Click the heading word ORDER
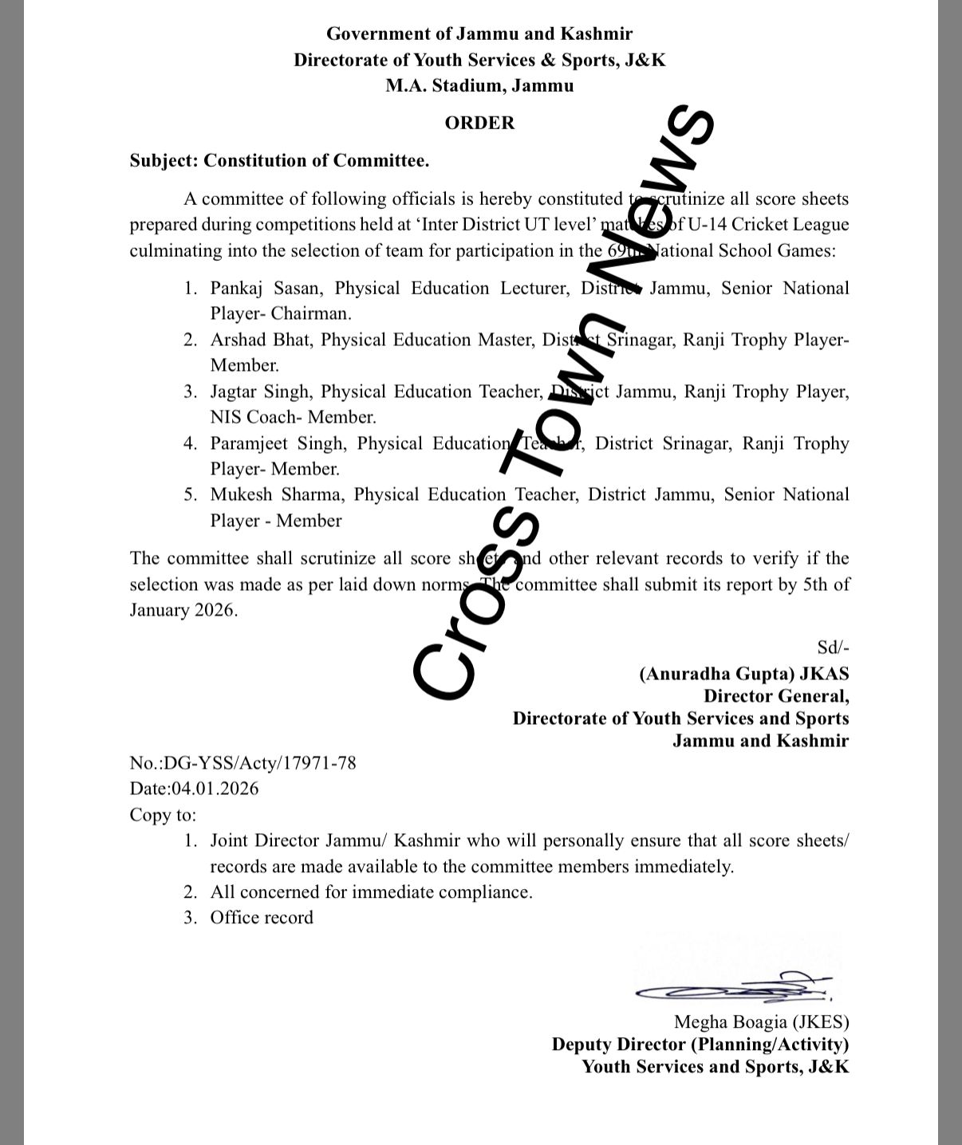click(479, 123)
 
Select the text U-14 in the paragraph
click(703, 225)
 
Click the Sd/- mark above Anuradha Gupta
click(833, 647)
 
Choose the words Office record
click(262, 919)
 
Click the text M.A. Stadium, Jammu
click(479, 86)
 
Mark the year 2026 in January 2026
click(215, 611)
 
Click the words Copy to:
click(163, 816)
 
